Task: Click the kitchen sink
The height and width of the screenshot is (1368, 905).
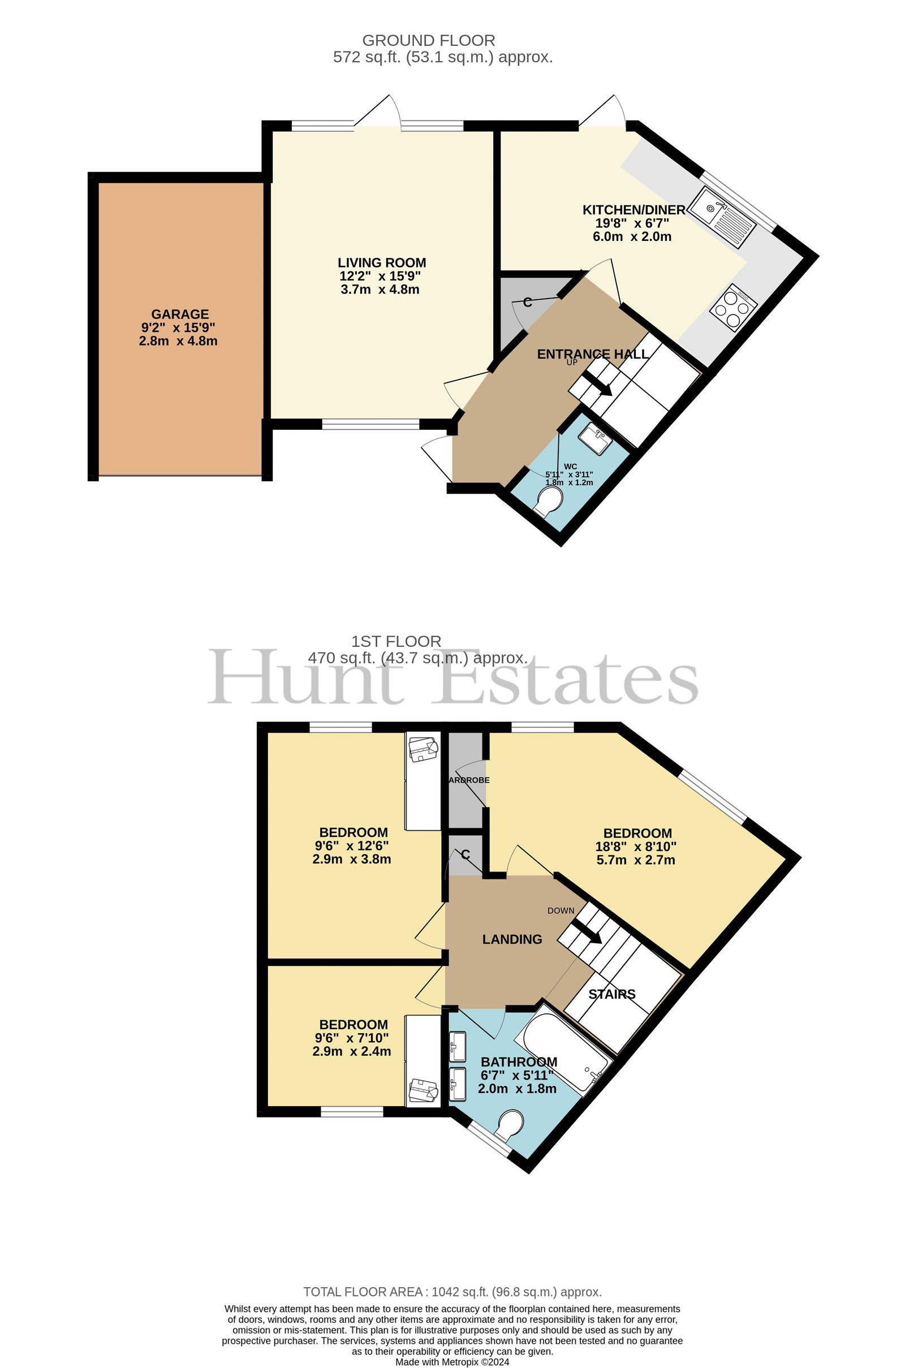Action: (723, 217)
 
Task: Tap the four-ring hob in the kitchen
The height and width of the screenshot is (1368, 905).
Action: (731, 307)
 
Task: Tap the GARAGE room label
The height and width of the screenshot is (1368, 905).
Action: (180, 314)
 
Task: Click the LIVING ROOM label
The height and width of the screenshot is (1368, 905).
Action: (382, 263)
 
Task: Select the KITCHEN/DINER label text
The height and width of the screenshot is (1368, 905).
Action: (633, 210)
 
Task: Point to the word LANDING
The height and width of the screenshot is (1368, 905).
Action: (512, 939)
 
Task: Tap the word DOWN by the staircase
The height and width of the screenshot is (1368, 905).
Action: (561, 910)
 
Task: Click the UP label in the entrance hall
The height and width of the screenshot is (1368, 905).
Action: (571, 363)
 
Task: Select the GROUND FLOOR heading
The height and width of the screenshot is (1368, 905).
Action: (428, 40)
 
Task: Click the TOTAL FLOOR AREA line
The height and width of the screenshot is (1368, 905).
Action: (453, 1292)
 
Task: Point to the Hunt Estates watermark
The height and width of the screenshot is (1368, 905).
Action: (453, 676)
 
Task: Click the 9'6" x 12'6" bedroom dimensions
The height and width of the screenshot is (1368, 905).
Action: (351, 846)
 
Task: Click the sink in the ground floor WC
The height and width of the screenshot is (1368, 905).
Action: (594, 439)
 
